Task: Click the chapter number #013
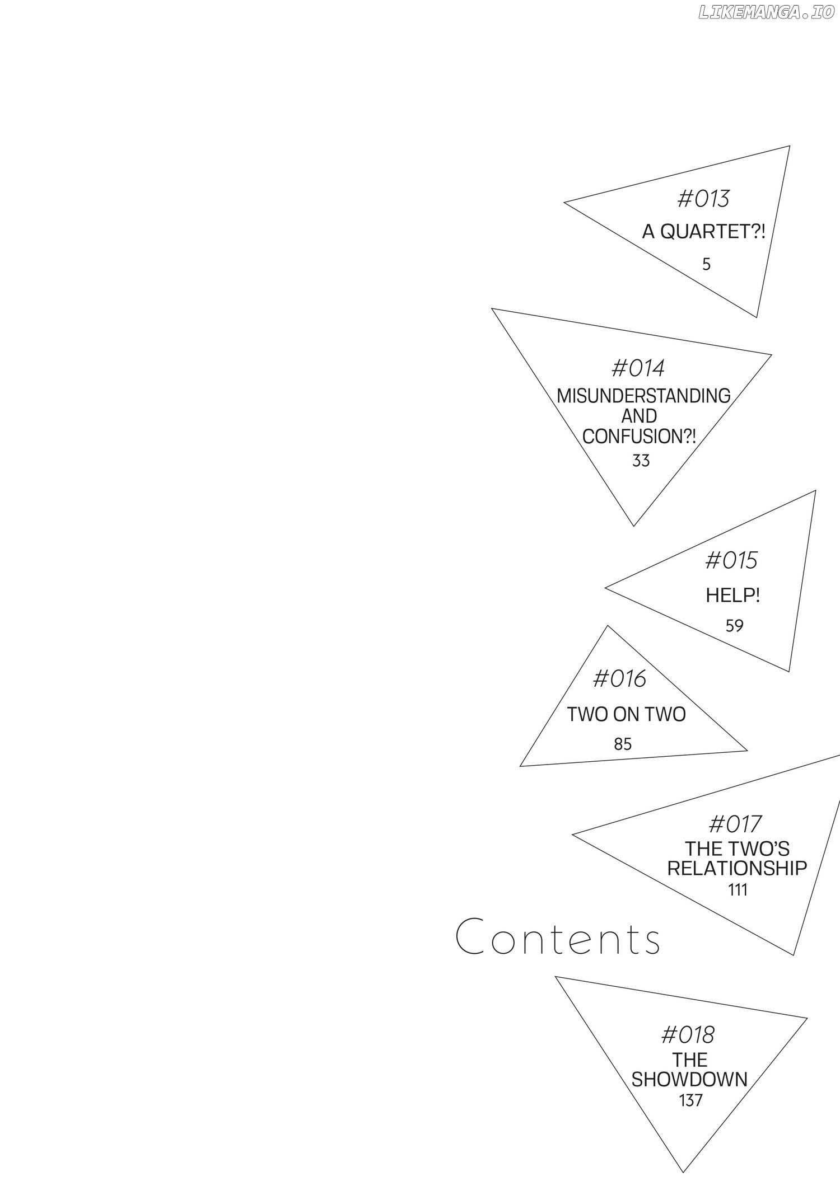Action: (x=703, y=199)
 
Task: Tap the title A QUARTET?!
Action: (x=703, y=232)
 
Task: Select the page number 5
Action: (x=707, y=264)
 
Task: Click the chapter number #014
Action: (x=638, y=368)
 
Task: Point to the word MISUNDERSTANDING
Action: (x=643, y=396)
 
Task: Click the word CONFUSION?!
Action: (x=639, y=437)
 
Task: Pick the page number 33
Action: (x=641, y=461)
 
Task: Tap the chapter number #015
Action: (x=731, y=560)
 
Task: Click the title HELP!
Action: (x=733, y=595)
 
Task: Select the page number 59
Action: (x=734, y=626)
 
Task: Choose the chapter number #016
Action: (x=619, y=679)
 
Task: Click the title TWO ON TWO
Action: (x=627, y=714)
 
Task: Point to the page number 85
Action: (x=623, y=744)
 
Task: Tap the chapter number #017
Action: (x=735, y=824)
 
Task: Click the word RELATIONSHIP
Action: (x=737, y=868)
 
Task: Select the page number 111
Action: (x=738, y=890)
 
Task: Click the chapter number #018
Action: (x=688, y=1035)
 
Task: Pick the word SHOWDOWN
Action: (x=690, y=1079)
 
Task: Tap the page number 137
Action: (x=691, y=1101)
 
